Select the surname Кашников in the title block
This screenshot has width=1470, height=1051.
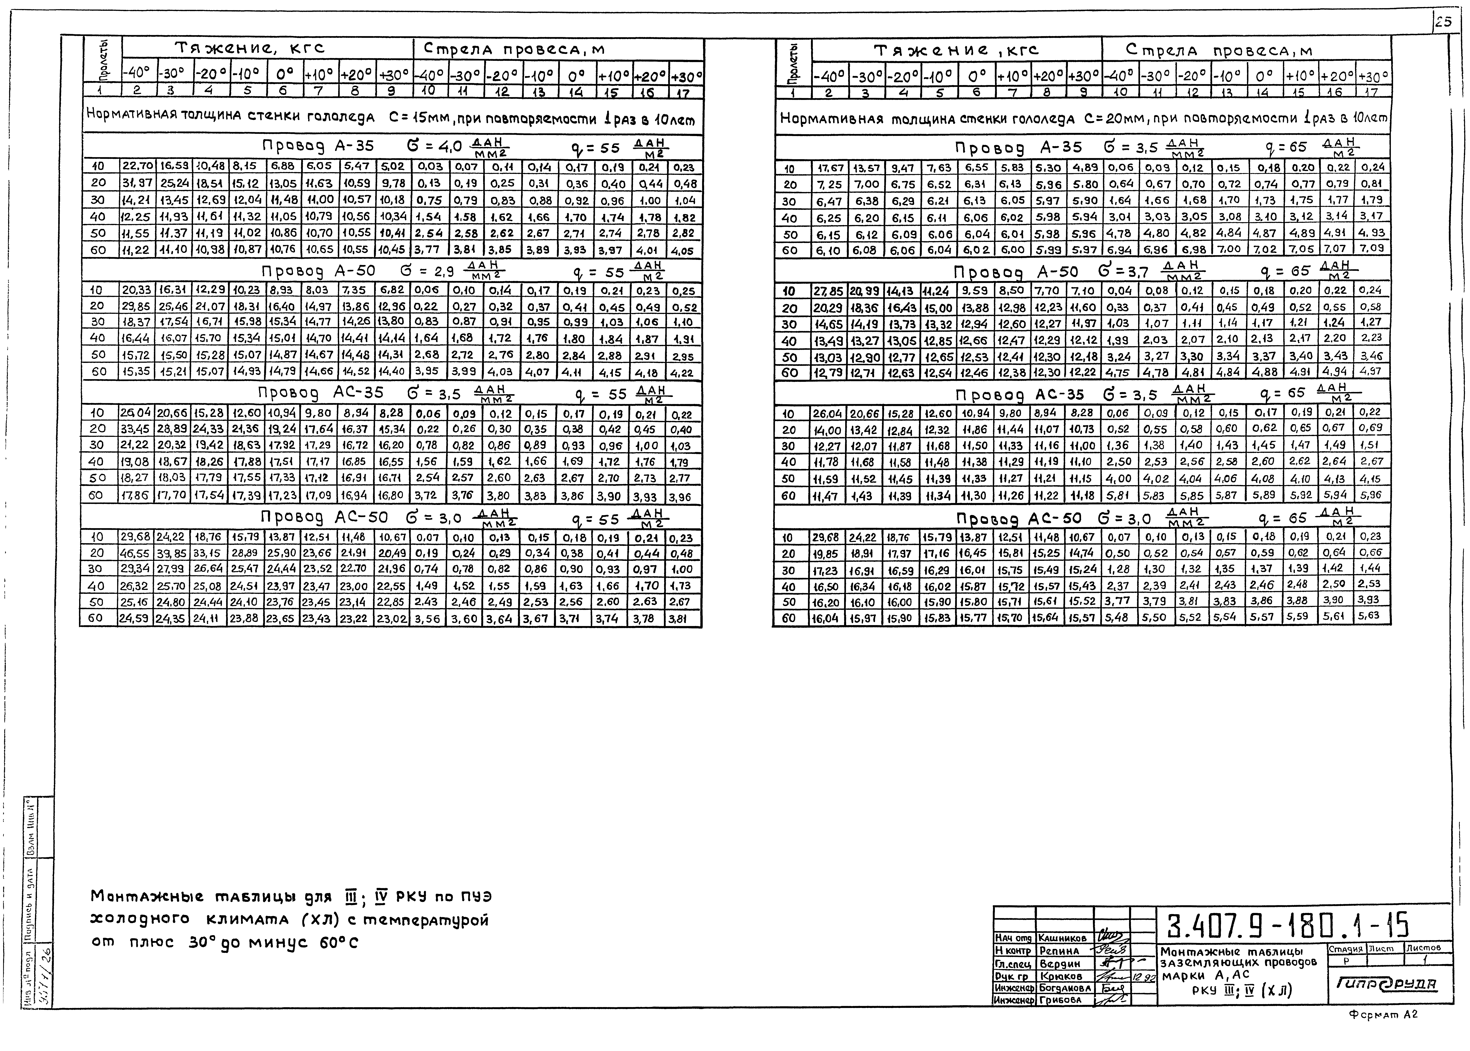point(1063,938)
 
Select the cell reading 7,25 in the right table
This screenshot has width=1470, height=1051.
point(830,184)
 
